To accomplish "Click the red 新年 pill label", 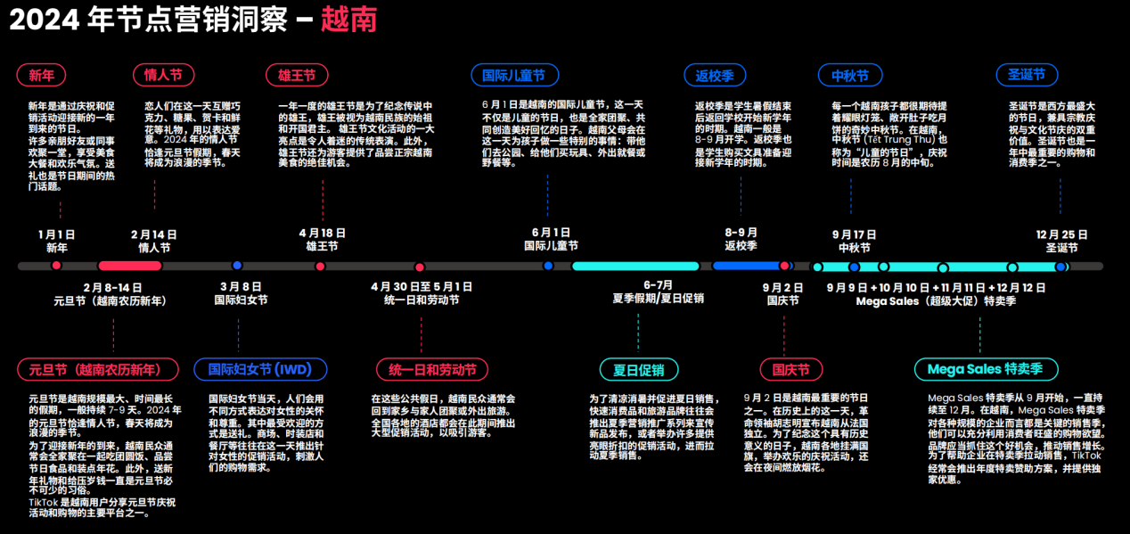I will (x=41, y=75).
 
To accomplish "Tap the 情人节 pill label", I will (x=163, y=75).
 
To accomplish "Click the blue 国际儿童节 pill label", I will (x=514, y=75).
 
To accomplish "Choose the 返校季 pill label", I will (x=715, y=75).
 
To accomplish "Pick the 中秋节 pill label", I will (x=849, y=75).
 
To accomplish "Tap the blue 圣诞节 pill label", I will (x=1027, y=75).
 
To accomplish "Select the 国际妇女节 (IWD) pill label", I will (x=260, y=369).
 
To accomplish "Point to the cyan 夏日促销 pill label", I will (x=639, y=369).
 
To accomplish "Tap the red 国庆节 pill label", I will (x=785, y=369).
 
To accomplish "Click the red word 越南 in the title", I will (x=348, y=20).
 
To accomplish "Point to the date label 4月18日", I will (x=322, y=234).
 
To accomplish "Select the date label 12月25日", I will (x=1061, y=234).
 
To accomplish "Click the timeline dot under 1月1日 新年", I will (x=57, y=266).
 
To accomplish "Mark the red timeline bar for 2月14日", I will (x=130, y=266).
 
